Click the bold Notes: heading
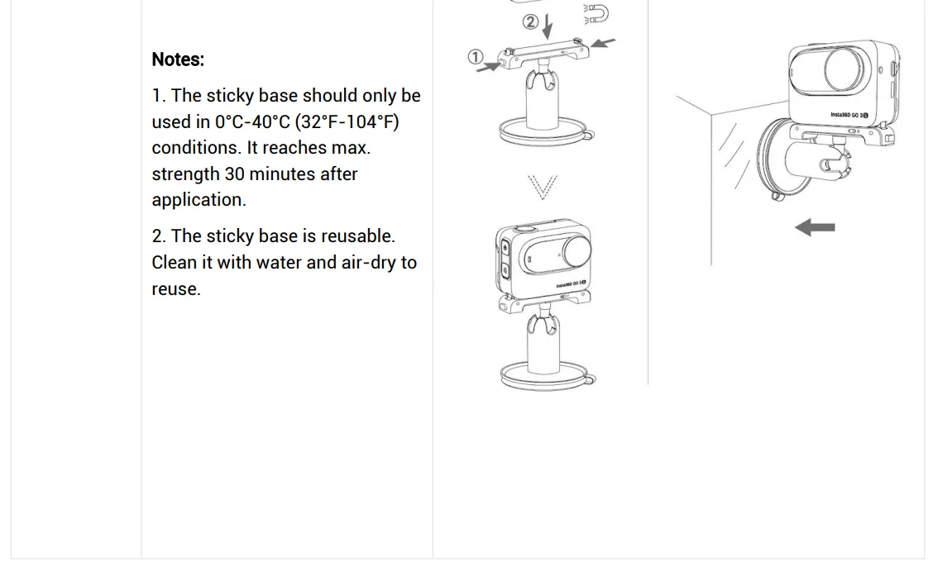click(178, 59)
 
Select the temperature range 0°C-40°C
click(252, 121)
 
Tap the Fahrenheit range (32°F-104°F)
click(347, 121)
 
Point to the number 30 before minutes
click(234, 174)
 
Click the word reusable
click(357, 236)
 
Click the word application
click(199, 200)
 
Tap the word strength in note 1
click(185, 174)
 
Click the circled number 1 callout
click(476, 57)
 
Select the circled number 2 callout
click(530, 22)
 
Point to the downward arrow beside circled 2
click(548, 26)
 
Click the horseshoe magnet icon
click(596, 14)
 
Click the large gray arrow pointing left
click(815, 227)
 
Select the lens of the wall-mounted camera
click(844, 69)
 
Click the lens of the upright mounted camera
click(577, 250)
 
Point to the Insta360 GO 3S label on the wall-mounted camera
click(849, 115)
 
